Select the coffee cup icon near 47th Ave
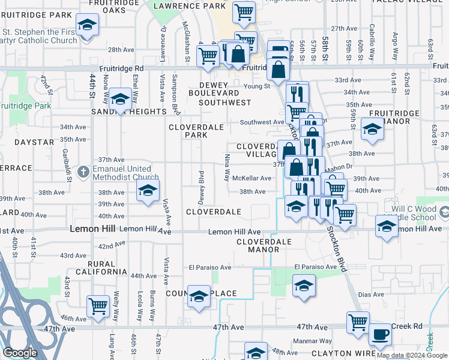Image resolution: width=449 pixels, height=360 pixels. click(379, 334)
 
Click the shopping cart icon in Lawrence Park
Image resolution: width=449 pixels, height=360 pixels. click(244, 11)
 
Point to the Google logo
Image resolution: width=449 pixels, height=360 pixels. click(20, 353)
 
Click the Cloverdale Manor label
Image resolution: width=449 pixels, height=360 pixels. click(264, 246)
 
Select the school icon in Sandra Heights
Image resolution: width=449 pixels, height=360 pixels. click(120, 100)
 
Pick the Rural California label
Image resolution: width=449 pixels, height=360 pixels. click(99, 268)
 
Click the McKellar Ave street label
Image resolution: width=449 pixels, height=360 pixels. click(252, 178)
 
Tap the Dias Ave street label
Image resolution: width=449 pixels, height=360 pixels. click(370, 295)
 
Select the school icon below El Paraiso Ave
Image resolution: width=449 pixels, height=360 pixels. click(304, 286)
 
